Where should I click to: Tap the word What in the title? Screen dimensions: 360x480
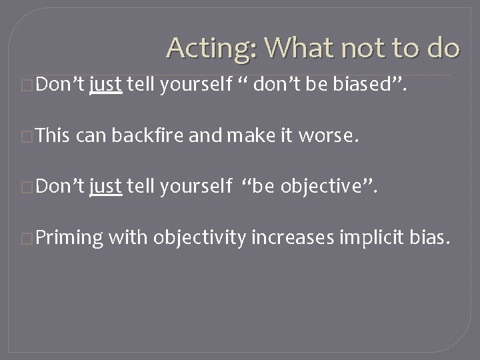click(285, 47)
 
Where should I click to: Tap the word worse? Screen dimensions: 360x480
click(329, 138)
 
